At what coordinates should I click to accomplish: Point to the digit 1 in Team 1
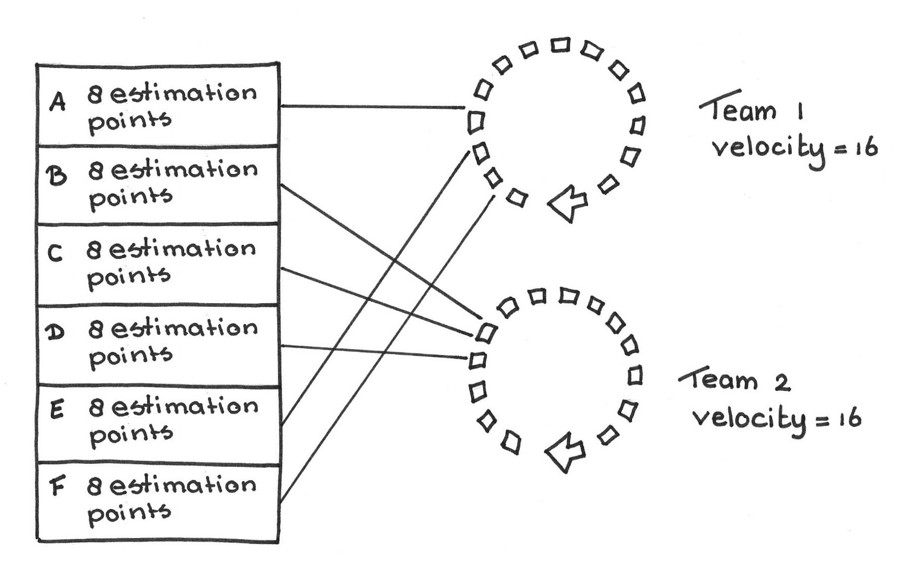coord(800,112)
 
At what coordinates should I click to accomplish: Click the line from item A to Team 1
coord(372,107)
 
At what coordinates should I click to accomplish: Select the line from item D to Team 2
coord(374,352)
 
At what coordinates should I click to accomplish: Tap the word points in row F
coord(129,514)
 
